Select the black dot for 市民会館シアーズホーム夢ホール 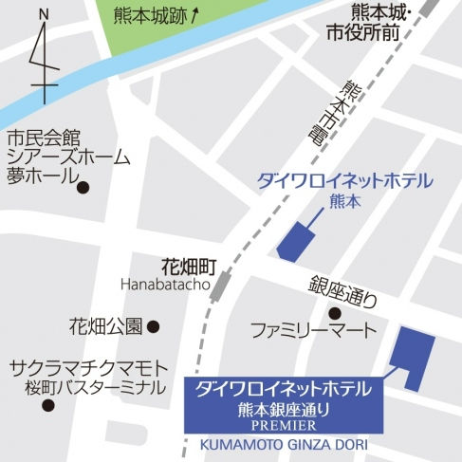(x=83, y=187)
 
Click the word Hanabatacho (x=165, y=283)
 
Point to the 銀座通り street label (x=342, y=289)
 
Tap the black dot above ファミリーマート (x=334, y=312)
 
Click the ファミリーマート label (x=313, y=331)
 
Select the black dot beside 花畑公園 (x=153, y=327)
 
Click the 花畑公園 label (x=105, y=326)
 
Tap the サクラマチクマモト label (x=89, y=367)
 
